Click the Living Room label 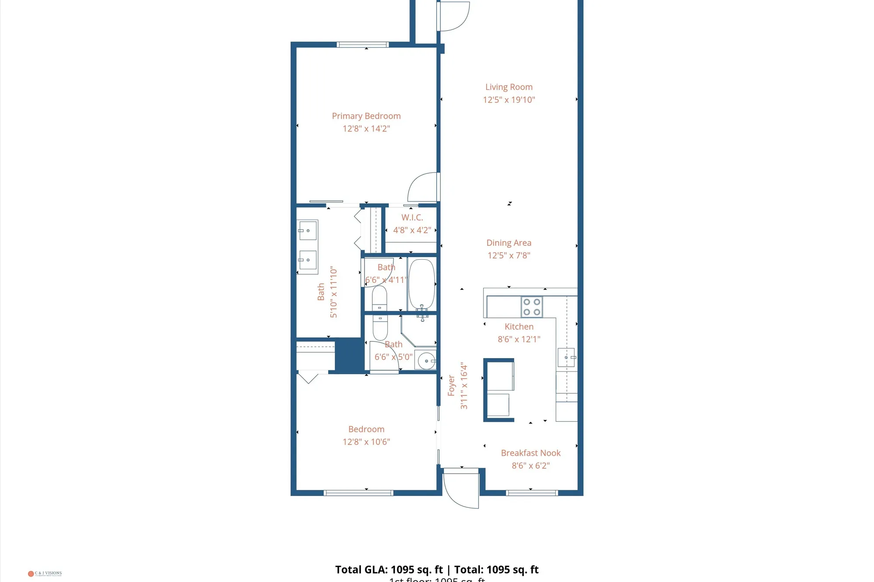click(x=509, y=87)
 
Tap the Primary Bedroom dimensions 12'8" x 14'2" click(x=366, y=129)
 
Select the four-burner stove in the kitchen click(x=532, y=307)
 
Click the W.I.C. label click(x=412, y=217)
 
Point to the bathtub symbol click(x=422, y=284)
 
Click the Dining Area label click(x=509, y=243)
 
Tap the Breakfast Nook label click(x=531, y=453)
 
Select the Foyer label click(x=451, y=386)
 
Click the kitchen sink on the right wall click(x=566, y=358)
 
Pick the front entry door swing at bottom click(x=461, y=489)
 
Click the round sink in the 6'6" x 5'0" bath click(x=426, y=361)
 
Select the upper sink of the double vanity click(x=308, y=230)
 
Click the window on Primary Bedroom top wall click(x=362, y=45)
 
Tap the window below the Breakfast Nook click(x=532, y=493)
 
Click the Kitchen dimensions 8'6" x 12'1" click(x=519, y=339)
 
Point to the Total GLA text click(x=389, y=570)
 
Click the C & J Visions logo click(x=45, y=573)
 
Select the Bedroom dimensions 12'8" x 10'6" click(x=366, y=442)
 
